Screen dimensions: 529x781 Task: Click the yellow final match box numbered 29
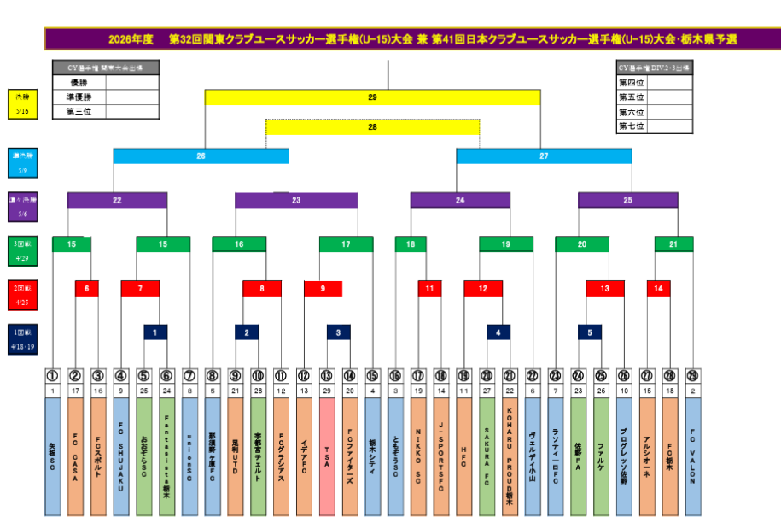click(372, 97)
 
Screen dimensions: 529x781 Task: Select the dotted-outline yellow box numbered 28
click(372, 126)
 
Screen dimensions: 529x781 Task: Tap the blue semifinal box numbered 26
click(201, 156)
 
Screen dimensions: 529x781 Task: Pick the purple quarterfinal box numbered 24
click(460, 200)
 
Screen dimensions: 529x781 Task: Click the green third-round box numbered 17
click(346, 244)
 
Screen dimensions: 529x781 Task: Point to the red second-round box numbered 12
click(483, 289)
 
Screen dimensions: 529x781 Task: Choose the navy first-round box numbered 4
click(498, 332)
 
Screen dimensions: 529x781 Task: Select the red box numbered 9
click(323, 289)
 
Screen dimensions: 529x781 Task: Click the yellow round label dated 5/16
click(21, 103)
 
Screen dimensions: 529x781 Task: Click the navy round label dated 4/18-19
click(21, 338)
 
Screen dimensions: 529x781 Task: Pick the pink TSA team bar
click(326, 456)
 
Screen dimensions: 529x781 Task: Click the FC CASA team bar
click(75, 456)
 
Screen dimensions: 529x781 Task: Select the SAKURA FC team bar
click(487, 456)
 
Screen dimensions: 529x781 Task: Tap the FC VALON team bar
click(692, 456)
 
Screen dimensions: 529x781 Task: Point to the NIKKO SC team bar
click(418, 456)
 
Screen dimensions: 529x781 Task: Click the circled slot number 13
click(326, 375)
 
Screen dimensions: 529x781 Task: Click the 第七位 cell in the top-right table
click(632, 126)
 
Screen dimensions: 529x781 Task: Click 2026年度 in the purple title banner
click(131, 39)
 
